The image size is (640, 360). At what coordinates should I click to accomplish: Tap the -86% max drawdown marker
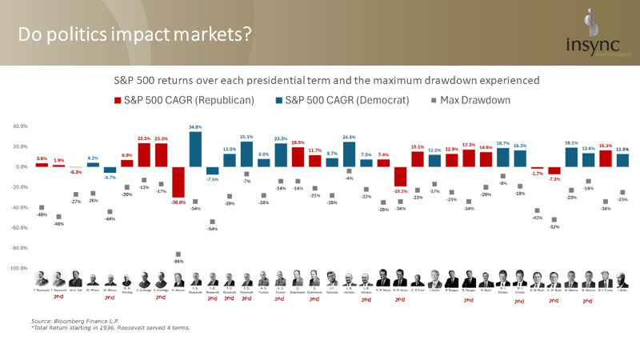point(178,254)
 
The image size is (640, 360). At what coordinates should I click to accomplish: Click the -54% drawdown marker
point(212,222)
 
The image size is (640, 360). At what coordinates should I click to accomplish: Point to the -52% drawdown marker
point(554,219)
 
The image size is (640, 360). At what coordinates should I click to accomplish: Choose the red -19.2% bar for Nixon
point(400,177)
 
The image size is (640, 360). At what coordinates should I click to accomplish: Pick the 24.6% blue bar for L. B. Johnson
point(349,154)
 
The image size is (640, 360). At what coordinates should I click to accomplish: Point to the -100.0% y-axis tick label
point(18,269)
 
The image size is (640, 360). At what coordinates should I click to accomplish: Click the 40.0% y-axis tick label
point(20,126)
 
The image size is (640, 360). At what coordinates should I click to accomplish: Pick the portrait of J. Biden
point(623,278)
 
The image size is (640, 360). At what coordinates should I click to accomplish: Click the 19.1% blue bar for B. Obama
point(571,157)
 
